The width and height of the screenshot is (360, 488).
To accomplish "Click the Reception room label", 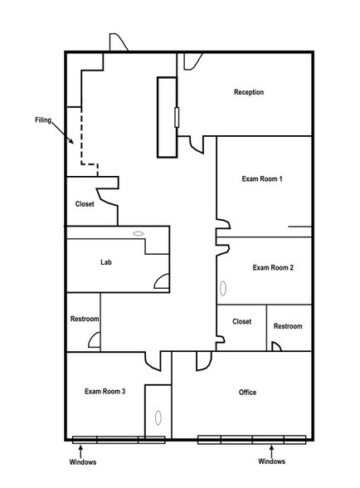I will pyautogui.click(x=249, y=92).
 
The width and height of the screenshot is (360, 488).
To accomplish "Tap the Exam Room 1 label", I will pyautogui.click(x=262, y=179).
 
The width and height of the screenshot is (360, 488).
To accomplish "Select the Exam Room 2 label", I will pyautogui.click(x=274, y=267).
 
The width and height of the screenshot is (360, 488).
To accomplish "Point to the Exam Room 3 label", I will pyautogui.click(x=105, y=390).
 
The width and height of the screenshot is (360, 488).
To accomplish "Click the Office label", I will pyautogui.click(x=247, y=392).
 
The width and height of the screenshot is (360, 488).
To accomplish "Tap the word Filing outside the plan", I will pyautogui.click(x=44, y=120).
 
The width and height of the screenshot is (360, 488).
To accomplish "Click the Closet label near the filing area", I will pyautogui.click(x=85, y=203).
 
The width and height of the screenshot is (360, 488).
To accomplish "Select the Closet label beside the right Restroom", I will pyautogui.click(x=241, y=321).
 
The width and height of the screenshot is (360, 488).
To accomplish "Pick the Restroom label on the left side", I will pyautogui.click(x=85, y=320).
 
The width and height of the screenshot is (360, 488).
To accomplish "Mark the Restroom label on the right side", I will pyautogui.click(x=288, y=326).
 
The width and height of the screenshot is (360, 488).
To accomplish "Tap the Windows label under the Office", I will pyautogui.click(x=271, y=461).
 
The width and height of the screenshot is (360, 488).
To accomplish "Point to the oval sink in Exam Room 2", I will pyautogui.click(x=222, y=290).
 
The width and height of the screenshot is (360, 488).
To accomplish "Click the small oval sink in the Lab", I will pyautogui.click(x=138, y=235).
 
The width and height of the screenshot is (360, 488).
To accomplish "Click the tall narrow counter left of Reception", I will pyautogui.click(x=167, y=116).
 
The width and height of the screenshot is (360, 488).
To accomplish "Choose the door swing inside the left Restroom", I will pyautogui.click(x=95, y=339).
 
